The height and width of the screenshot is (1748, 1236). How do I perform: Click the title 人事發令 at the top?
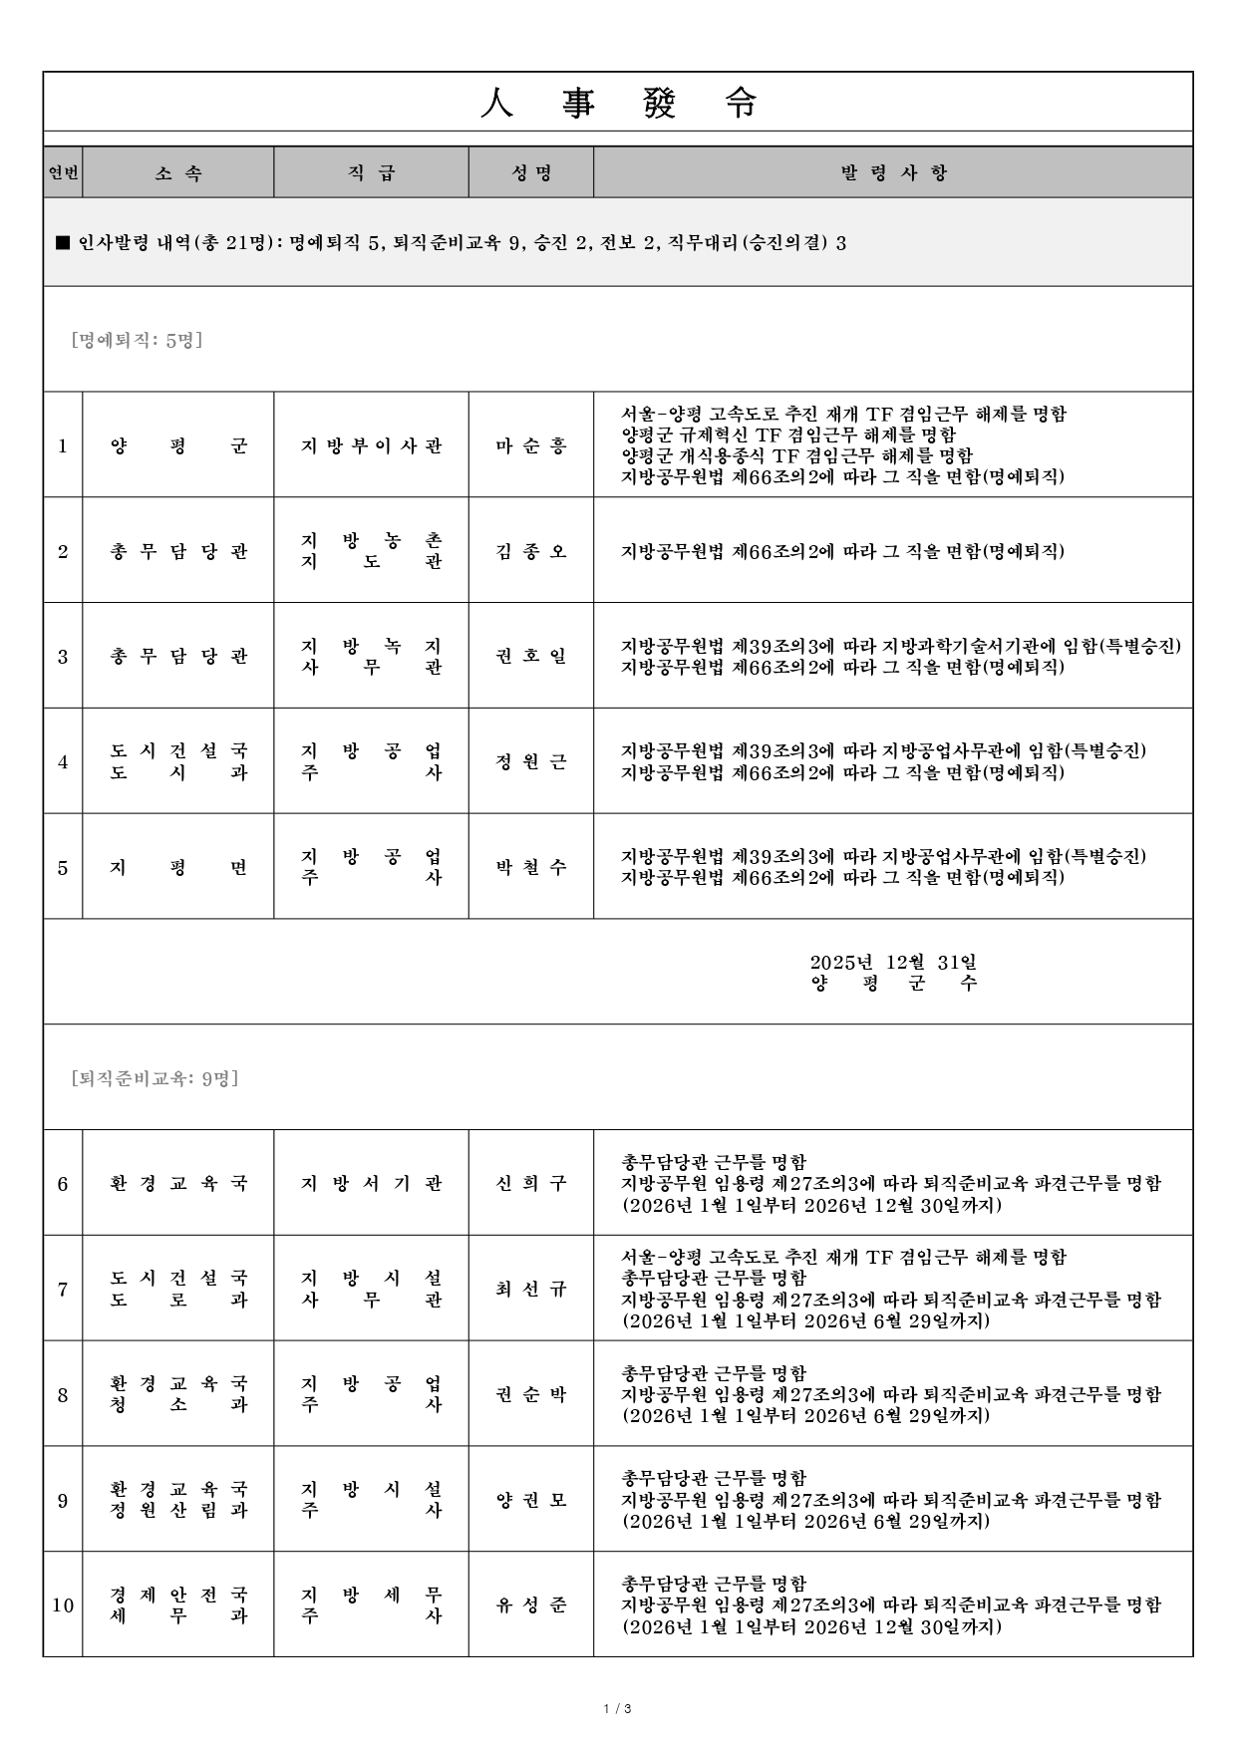click(618, 103)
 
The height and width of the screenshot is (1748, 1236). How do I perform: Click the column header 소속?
click(178, 173)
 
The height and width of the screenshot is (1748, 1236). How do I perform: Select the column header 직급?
click(371, 173)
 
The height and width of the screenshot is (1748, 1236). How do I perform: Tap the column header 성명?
click(531, 173)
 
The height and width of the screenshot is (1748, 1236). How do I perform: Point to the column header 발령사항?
click(893, 173)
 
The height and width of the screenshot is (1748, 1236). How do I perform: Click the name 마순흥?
click(531, 445)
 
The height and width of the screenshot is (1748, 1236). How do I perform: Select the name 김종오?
click(531, 551)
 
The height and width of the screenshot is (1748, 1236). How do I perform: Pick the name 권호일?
click(531, 657)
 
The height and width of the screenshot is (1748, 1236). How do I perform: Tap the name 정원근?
click(531, 762)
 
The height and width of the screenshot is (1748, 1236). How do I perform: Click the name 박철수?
click(531, 868)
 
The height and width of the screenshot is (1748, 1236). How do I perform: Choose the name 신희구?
click(531, 1184)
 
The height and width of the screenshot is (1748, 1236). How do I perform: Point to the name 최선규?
click(531, 1290)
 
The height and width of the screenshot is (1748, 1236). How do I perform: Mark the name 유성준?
click(531, 1605)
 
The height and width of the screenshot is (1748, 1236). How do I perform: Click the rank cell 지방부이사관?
click(371, 445)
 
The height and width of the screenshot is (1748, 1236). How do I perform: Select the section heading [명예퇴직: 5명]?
click(138, 341)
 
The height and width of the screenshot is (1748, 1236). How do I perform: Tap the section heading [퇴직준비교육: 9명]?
click(155, 1078)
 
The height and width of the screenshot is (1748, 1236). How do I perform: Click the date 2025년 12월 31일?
click(893, 962)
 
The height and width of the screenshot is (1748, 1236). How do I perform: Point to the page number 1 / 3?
click(618, 1710)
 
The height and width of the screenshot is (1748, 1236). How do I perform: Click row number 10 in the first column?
click(63, 1605)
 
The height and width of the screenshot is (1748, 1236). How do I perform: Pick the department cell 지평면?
click(178, 868)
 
